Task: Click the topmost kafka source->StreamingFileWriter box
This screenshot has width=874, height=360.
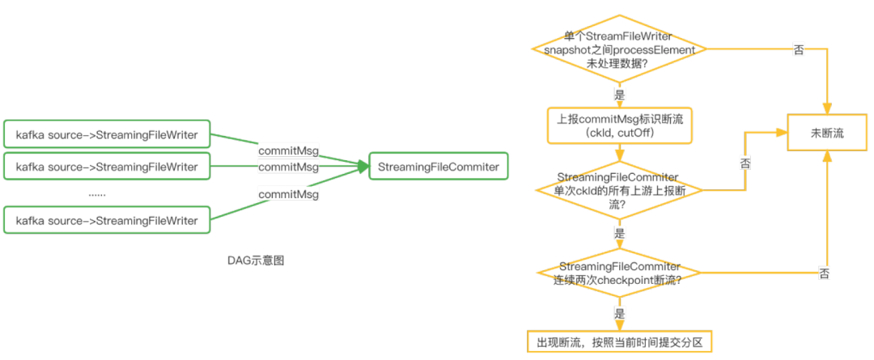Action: [107, 134]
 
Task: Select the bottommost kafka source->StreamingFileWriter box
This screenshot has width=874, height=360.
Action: [107, 220]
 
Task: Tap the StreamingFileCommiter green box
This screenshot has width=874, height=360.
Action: [438, 167]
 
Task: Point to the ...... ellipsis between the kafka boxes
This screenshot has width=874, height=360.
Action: [97, 194]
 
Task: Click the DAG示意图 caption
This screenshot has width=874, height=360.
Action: [256, 260]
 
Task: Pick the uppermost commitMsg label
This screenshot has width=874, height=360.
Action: [288, 151]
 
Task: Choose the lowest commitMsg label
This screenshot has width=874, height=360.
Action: [288, 195]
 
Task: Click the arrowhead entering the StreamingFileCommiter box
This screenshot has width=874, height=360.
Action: [359, 167]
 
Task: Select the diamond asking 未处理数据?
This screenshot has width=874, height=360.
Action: [620, 49]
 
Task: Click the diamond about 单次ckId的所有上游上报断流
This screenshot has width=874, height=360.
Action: [620, 191]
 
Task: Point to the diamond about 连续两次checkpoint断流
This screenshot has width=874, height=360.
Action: [620, 273]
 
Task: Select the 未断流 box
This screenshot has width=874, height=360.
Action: [826, 133]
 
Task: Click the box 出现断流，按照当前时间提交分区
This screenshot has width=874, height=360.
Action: [619, 342]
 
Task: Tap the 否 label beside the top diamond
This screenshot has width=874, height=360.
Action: [799, 49]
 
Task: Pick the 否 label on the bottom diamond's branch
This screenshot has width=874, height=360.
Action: [825, 273]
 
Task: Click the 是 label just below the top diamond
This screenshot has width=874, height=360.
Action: [620, 95]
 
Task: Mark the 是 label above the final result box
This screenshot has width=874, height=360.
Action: [620, 313]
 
